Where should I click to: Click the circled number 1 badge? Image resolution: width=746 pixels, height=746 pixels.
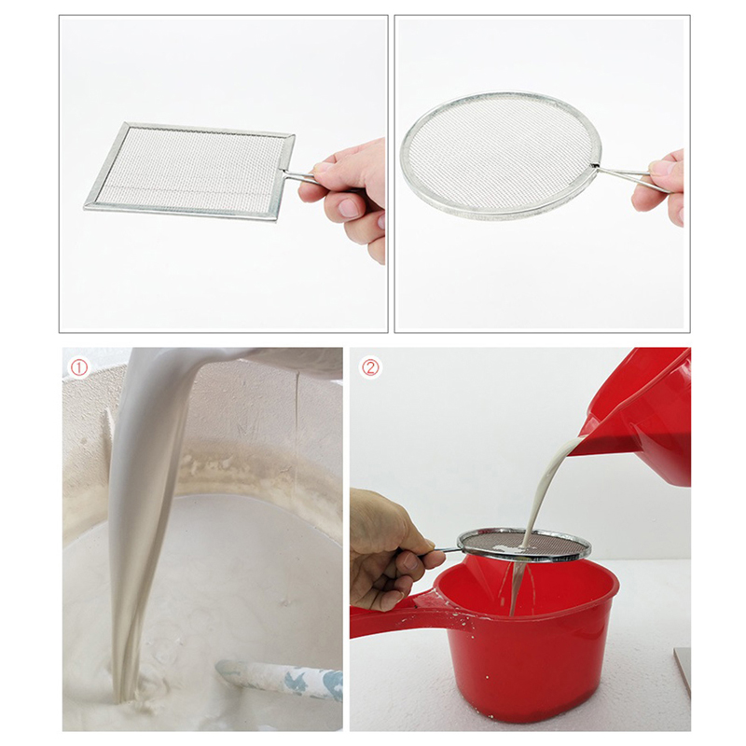79,367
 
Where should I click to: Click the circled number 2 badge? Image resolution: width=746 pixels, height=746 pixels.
371,367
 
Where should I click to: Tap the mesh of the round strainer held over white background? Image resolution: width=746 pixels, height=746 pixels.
500,154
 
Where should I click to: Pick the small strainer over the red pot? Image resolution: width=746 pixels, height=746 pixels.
523,546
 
